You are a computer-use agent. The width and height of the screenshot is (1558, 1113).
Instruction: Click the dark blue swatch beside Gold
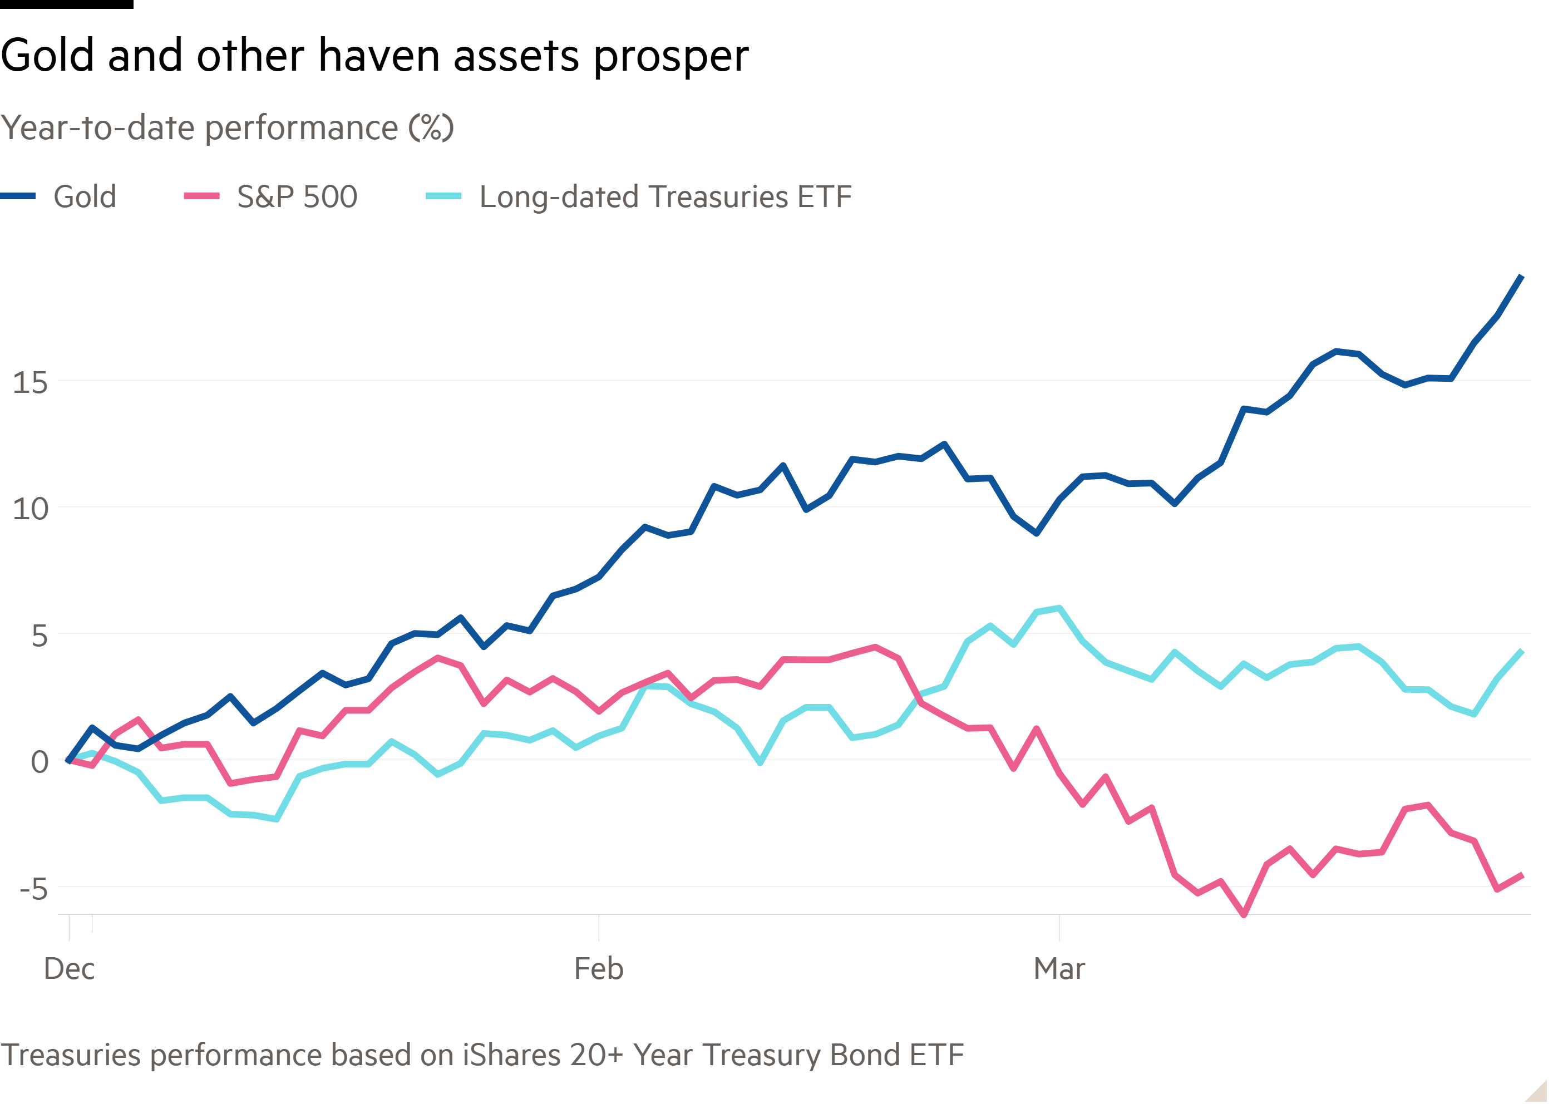click(18, 196)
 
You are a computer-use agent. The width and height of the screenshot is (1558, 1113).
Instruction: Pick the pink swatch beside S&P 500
click(201, 196)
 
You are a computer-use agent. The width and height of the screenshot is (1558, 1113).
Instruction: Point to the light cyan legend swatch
click(443, 196)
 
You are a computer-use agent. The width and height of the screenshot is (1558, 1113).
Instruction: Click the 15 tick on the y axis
click(30, 382)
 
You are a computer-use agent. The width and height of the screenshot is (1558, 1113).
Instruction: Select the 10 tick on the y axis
click(30, 509)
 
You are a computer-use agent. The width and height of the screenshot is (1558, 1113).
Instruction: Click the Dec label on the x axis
click(69, 969)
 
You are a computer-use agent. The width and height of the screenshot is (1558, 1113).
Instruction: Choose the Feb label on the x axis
click(599, 969)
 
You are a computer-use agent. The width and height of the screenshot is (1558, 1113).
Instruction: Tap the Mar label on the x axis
click(1059, 969)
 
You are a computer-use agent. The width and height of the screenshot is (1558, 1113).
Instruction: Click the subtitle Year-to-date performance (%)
click(227, 128)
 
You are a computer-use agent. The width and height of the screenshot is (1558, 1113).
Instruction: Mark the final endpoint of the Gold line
click(1522, 276)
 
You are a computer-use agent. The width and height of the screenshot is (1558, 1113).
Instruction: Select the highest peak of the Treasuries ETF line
click(1060, 608)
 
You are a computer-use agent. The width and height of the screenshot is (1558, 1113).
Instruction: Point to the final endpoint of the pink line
click(1522, 874)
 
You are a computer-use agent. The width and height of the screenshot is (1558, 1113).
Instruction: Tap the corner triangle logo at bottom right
click(1537, 1090)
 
